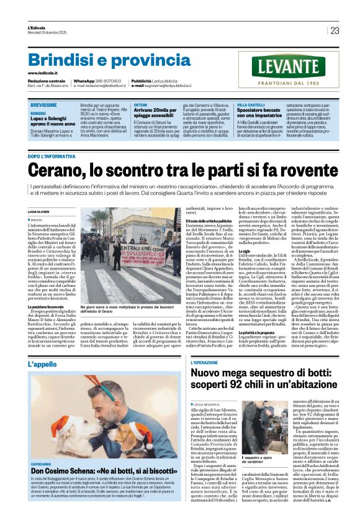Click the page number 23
click(335, 30)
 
